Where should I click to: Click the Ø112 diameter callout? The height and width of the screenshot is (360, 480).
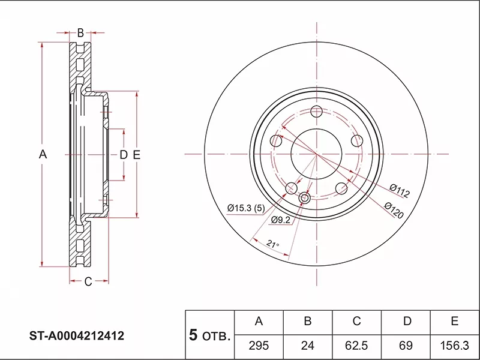(400, 191)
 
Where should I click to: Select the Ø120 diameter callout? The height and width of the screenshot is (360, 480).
(394, 210)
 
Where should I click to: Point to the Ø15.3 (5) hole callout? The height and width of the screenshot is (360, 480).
(246, 208)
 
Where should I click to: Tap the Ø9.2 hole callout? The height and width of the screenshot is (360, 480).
(281, 220)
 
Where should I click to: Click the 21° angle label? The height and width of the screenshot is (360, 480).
(273, 244)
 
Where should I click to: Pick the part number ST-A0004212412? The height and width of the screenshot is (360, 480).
(77, 336)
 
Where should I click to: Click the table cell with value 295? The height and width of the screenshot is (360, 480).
(259, 346)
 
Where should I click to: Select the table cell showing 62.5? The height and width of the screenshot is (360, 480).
(356, 346)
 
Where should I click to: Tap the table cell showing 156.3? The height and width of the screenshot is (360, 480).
(455, 346)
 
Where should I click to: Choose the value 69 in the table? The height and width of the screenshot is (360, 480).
(406, 346)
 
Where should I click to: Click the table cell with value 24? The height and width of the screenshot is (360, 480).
(308, 346)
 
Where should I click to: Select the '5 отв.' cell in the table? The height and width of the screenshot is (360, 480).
(209, 335)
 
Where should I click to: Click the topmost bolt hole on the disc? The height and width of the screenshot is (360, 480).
(317, 112)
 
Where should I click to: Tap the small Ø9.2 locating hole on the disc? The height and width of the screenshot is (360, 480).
(305, 198)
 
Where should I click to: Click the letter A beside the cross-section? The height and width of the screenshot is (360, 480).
(43, 154)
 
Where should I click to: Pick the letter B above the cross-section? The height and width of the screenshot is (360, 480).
(80, 32)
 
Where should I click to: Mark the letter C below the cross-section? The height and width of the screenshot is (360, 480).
(88, 281)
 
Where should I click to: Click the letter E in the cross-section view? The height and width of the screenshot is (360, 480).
(137, 155)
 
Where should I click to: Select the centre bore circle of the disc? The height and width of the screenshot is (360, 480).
(317, 154)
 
